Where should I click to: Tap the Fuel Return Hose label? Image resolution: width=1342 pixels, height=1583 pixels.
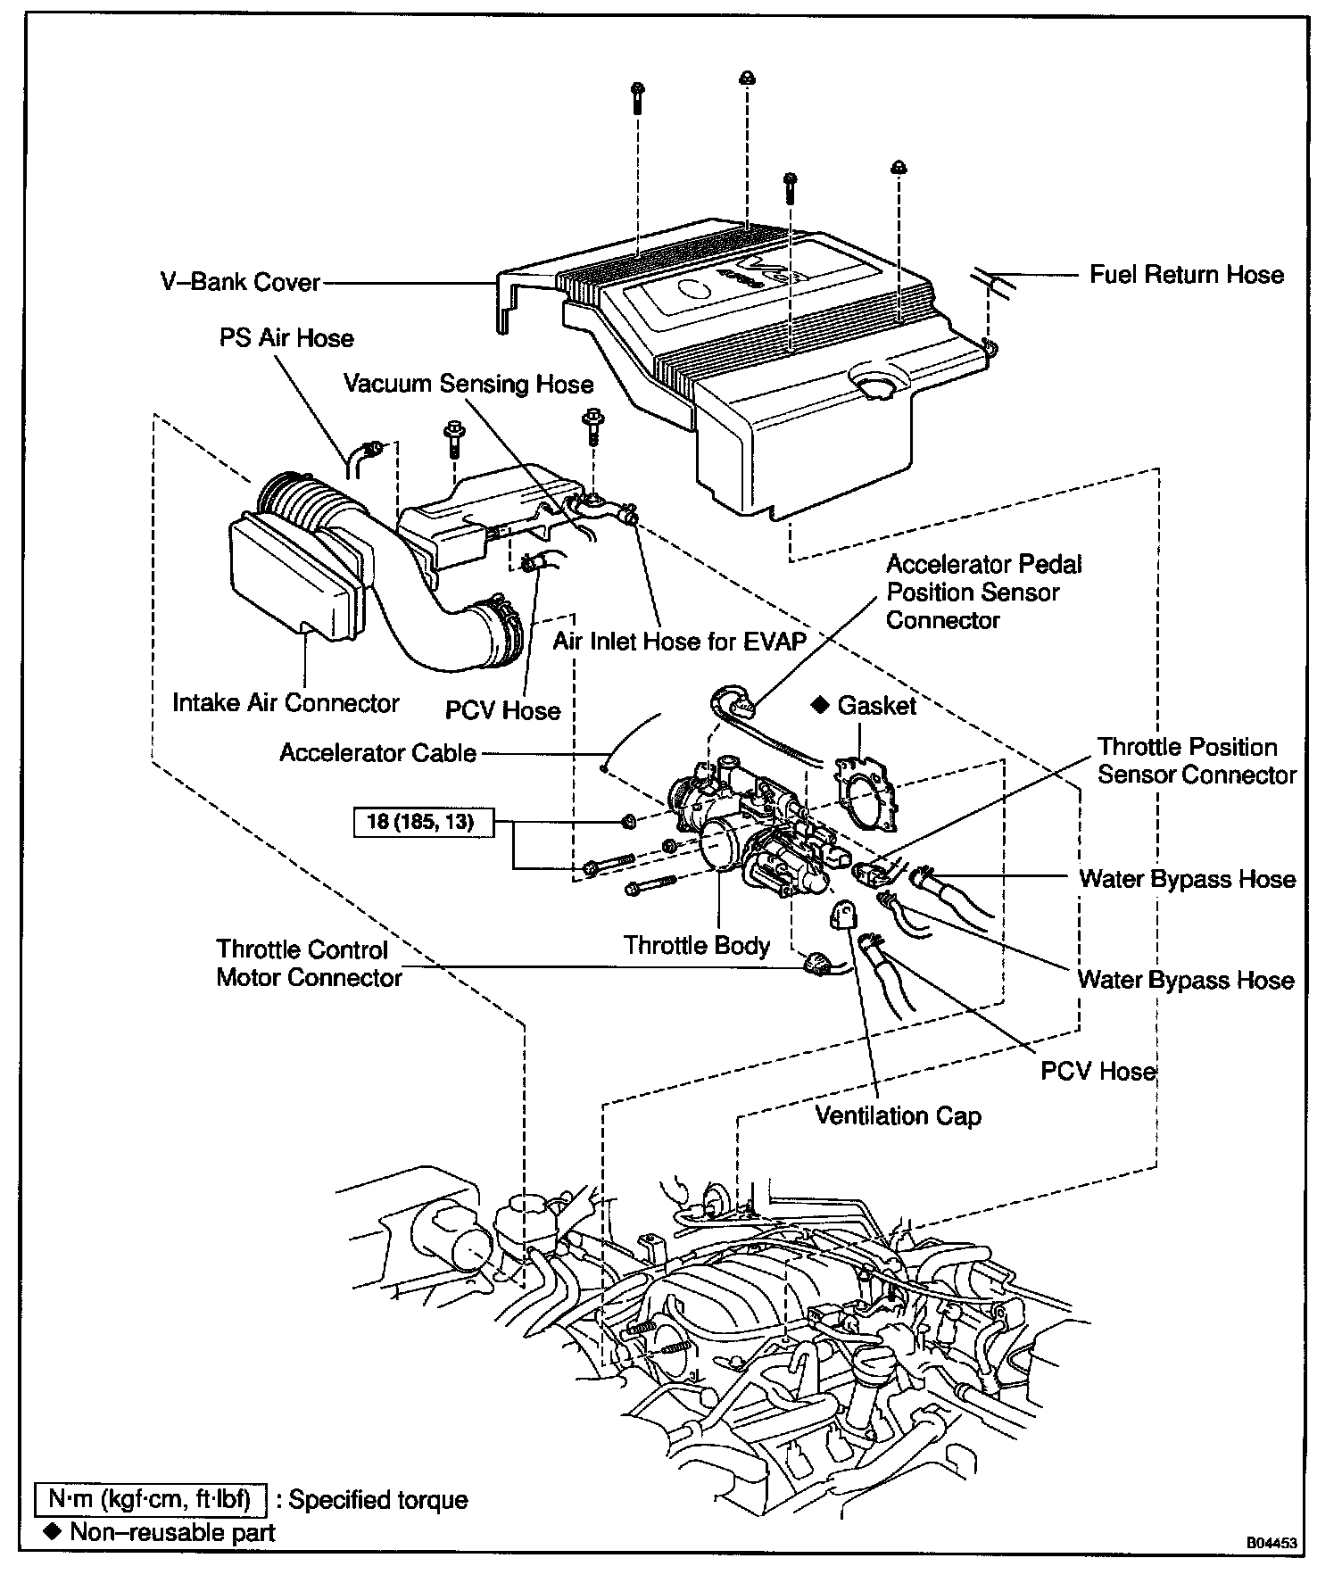(x=1186, y=274)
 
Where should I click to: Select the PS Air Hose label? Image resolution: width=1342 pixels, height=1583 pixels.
(x=286, y=338)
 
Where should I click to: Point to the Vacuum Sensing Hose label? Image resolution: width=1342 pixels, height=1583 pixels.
(x=468, y=384)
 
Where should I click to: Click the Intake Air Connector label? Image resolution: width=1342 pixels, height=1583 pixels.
(x=286, y=703)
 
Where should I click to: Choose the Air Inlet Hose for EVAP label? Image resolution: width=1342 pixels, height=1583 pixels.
(x=679, y=642)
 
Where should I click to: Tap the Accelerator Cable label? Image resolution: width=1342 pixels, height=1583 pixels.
(x=377, y=753)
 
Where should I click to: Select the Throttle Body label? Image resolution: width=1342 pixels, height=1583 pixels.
(x=696, y=945)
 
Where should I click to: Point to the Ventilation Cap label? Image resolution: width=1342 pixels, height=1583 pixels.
(x=898, y=1115)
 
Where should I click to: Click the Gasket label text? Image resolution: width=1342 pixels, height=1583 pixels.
(x=876, y=706)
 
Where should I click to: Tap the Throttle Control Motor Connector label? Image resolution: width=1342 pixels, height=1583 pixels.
(x=309, y=964)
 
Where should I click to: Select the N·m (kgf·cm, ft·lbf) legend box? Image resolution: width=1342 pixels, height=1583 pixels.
(x=149, y=1499)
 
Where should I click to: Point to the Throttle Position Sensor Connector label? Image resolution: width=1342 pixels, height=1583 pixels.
(x=1196, y=760)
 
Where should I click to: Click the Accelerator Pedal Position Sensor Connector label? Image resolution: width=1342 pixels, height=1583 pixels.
(x=983, y=592)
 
